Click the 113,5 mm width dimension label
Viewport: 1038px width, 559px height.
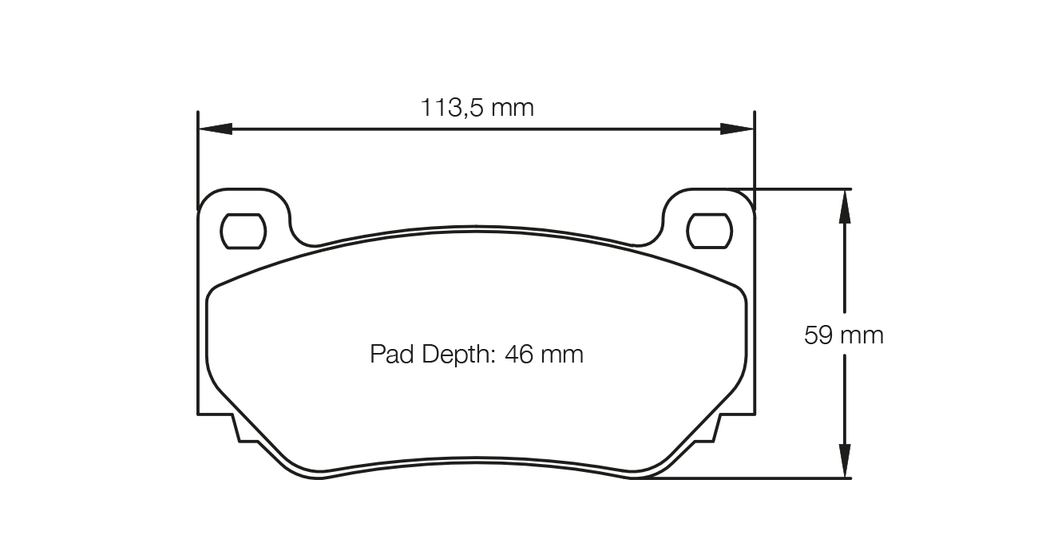477,107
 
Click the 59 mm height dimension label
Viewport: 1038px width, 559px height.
843,335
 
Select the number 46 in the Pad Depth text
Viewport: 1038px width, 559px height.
519,354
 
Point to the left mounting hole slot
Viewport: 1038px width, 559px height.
243,231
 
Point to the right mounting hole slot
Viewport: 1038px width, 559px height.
710,231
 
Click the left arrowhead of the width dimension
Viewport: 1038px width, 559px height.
215,129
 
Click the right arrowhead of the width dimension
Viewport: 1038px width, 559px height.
737,129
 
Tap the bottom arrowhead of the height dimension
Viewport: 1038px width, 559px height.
844,462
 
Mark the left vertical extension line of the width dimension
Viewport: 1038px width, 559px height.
197,160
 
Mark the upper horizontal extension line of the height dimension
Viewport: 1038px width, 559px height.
798,189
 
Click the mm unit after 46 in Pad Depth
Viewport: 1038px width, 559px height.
562,354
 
